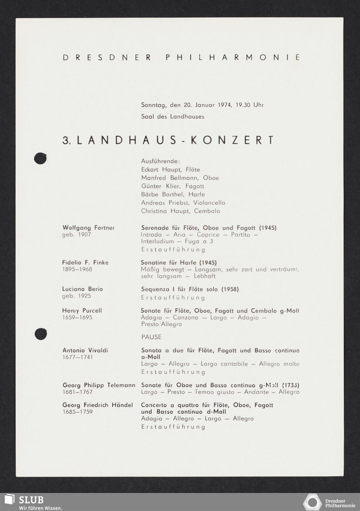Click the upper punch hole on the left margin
[x=40, y=159]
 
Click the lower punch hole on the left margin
[x=41, y=334]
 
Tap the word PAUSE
[x=151, y=337]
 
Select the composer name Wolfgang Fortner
[x=89, y=228]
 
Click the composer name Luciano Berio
[x=82, y=289]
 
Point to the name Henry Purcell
[x=82, y=311]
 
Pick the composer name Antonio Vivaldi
[x=85, y=350]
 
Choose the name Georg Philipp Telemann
[x=99, y=385]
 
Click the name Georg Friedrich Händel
[x=98, y=405]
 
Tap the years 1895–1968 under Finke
[x=77, y=269]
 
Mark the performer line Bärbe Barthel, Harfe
[x=173, y=194]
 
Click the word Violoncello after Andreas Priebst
[x=209, y=203]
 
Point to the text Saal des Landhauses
[x=172, y=117]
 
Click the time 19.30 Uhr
[x=249, y=105]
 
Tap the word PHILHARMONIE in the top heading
[x=233, y=57]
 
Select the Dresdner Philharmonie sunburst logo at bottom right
[x=312, y=502]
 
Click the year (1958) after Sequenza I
[x=230, y=289]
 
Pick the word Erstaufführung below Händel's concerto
[x=173, y=427]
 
